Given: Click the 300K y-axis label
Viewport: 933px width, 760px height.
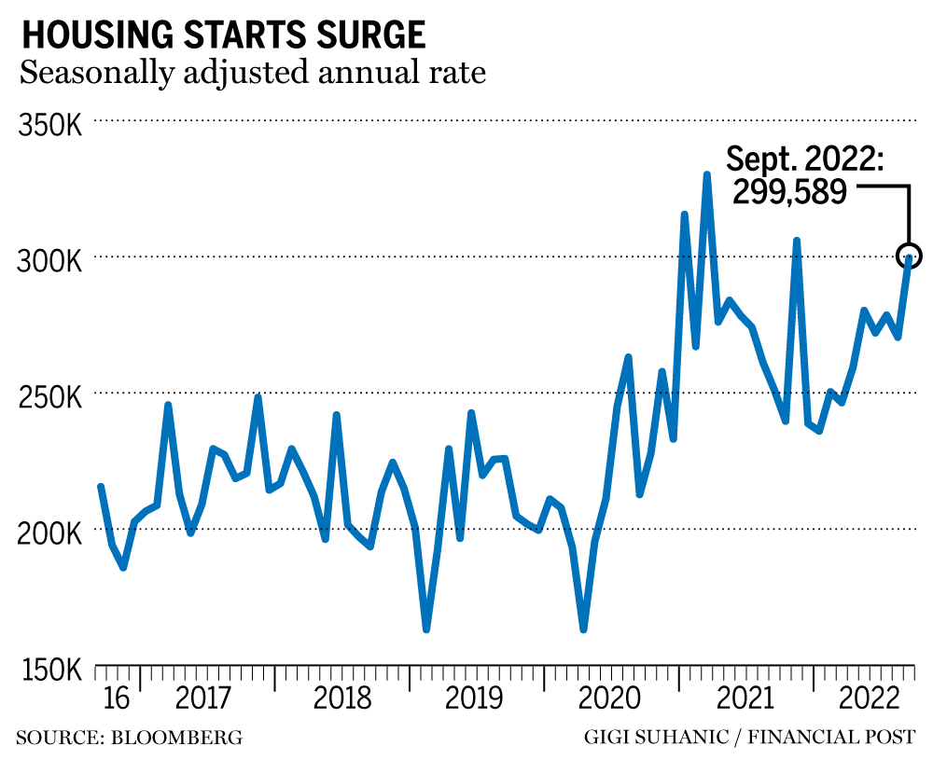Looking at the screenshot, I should [x=50, y=261].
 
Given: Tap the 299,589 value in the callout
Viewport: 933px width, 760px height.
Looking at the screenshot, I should [x=788, y=191].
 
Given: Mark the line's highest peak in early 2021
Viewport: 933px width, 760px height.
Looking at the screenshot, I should [x=707, y=174].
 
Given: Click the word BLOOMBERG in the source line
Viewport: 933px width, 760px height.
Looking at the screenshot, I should [x=176, y=739].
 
